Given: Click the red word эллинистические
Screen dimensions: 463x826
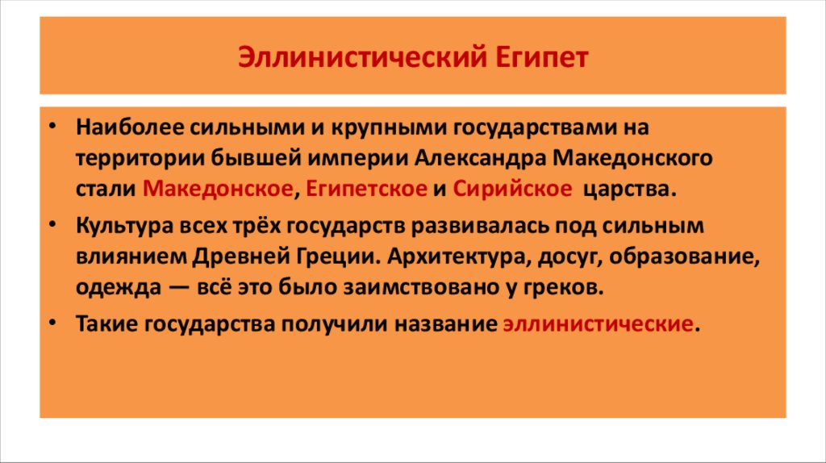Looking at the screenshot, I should [x=597, y=323].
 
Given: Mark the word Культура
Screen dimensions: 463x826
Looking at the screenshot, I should [x=119, y=224].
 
